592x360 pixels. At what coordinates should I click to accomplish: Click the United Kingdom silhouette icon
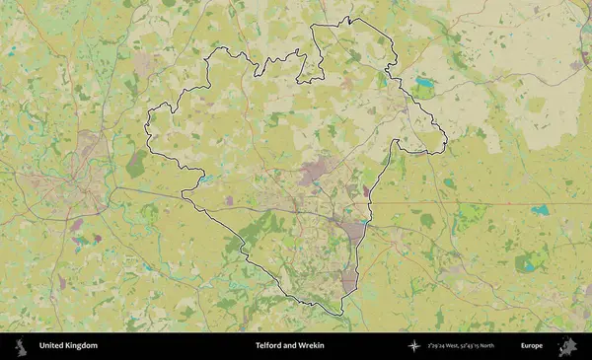[20, 346]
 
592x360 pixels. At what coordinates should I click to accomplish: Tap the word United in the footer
[53, 346]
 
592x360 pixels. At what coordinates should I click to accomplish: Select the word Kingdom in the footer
[83, 346]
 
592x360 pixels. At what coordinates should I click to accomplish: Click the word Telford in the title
[269, 346]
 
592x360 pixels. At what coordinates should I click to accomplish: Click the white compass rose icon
[414, 346]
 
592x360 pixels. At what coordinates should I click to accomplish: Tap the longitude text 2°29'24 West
[445, 346]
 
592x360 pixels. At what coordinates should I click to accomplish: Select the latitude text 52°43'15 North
[485, 346]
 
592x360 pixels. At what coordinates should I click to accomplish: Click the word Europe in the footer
[532, 346]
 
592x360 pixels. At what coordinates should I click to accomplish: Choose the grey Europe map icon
[567, 346]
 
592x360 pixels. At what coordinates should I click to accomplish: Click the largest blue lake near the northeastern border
[425, 83]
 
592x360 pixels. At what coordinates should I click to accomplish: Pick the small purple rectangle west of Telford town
[229, 200]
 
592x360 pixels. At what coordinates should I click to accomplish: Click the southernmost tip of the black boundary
[341, 315]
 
